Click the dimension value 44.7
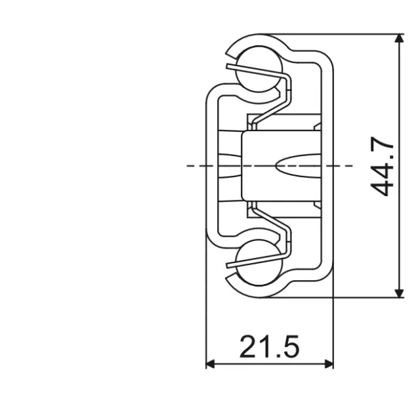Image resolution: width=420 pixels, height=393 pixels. click(382, 167)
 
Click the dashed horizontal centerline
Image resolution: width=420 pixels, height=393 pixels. click(197, 165)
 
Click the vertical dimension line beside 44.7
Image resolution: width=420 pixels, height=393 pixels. click(399, 98)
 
